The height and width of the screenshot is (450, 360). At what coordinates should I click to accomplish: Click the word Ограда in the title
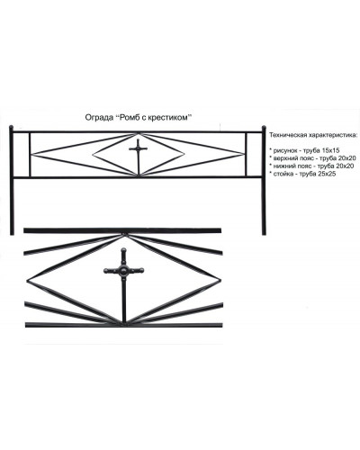[x=98, y=118]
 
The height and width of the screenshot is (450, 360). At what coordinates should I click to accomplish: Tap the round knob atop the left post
[x=12, y=127]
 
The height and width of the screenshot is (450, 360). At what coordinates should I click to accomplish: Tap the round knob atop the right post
[x=264, y=128]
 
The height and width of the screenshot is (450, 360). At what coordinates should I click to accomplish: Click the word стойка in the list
[x=282, y=174]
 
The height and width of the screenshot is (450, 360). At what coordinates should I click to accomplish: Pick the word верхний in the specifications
[x=283, y=158]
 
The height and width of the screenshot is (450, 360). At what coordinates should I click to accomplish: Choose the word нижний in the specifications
[x=282, y=166]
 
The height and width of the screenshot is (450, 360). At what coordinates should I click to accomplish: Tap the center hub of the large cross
[x=123, y=271]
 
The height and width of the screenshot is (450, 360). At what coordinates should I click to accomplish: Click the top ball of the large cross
[x=123, y=250]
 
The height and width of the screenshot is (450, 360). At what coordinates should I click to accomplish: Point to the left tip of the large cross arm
[x=105, y=271]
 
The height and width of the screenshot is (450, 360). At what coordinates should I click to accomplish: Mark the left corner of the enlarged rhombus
[x=27, y=281]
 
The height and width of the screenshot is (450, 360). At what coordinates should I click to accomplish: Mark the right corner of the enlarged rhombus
[x=220, y=280]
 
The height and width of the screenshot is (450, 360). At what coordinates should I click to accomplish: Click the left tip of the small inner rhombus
[x=93, y=155]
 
